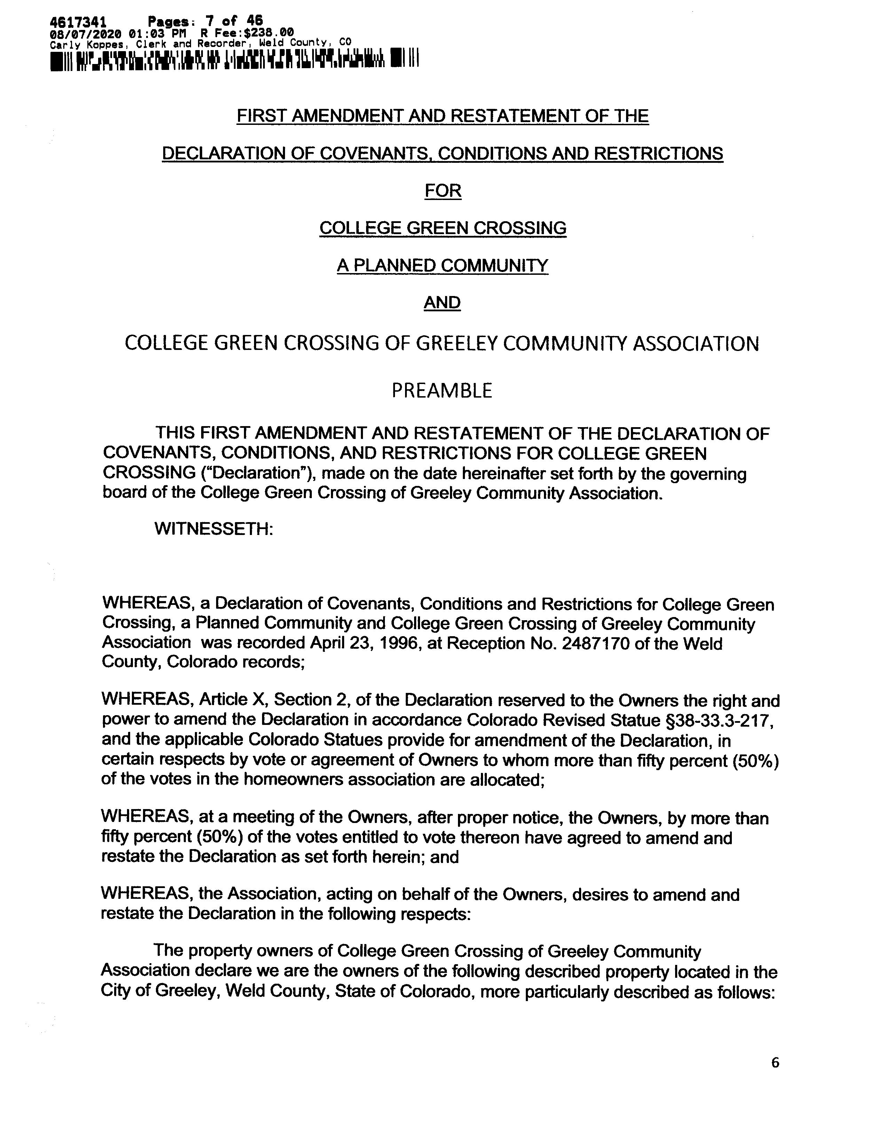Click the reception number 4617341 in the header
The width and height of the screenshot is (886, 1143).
pos(78,22)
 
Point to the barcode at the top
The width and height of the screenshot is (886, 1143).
pos(234,59)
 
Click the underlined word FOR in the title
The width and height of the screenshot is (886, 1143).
pos(442,191)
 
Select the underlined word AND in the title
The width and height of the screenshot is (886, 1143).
pos(442,303)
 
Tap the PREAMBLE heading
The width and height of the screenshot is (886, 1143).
pos(442,390)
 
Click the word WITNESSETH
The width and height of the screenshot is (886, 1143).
pos(214,529)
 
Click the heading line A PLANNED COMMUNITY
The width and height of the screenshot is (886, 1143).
pos(442,265)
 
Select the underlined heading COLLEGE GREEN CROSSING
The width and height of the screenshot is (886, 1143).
pos(442,227)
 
